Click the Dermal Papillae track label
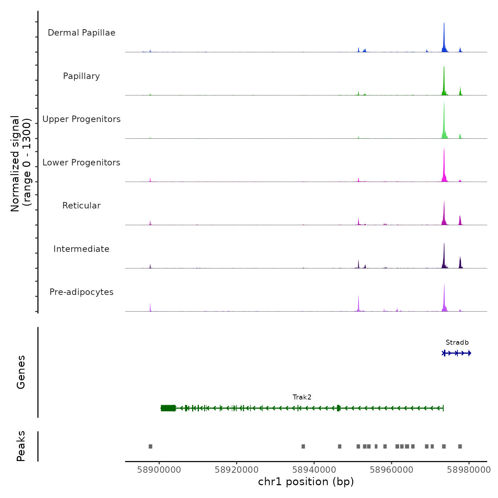click(x=81, y=33)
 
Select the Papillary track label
click(x=81, y=76)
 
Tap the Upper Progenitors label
click(x=81, y=119)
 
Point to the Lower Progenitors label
click(x=81, y=163)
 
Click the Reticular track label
click(x=81, y=206)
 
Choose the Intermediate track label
click(x=81, y=249)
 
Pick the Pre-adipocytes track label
click(x=81, y=292)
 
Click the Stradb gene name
click(x=457, y=343)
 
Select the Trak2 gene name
click(x=302, y=397)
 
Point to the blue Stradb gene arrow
click(x=457, y=353)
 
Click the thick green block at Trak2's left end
click(x=168, y=408)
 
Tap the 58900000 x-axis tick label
click(x=159, y=470)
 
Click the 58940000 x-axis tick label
click(x=314, y=470)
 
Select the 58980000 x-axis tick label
click(x=469, y=470)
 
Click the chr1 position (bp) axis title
click(x=306, y=482)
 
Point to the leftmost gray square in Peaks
click(x=150, y=446)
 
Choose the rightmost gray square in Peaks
click(x=460, y=446)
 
